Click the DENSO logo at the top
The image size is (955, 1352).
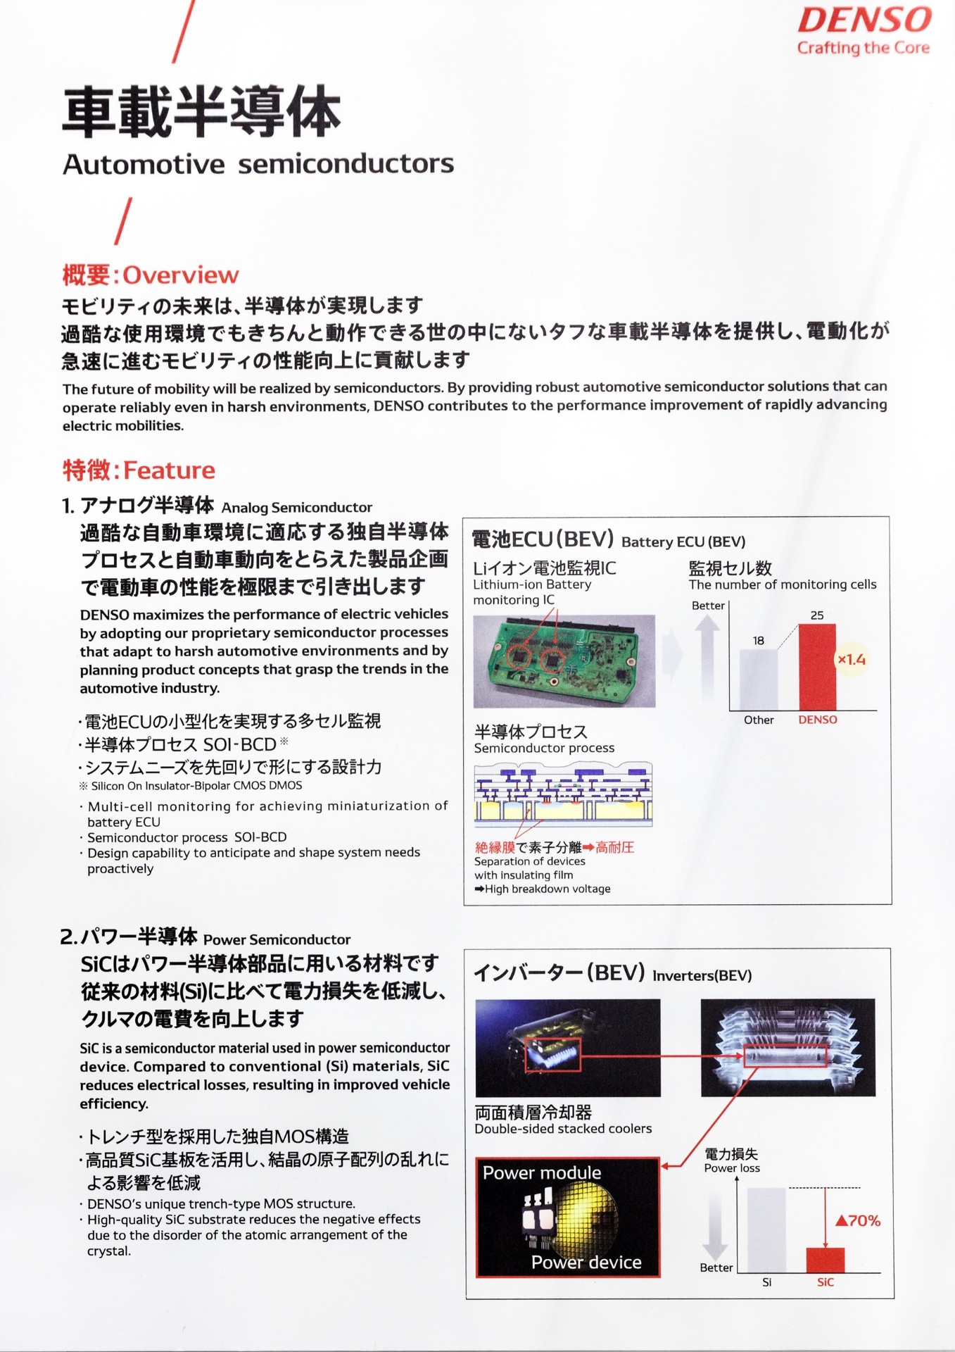(x=864, y=20)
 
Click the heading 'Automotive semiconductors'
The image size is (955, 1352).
(x=258, y=164)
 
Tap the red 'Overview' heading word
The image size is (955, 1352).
(x=181, y=275)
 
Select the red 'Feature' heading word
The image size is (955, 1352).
(x=169, y=470)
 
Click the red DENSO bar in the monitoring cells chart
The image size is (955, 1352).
(x=817, y=667)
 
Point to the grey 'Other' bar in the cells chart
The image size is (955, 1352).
(x=759, y=680)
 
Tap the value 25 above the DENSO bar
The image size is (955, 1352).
(x=817, y=615)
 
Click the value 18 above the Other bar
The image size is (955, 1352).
(x=758, y=641)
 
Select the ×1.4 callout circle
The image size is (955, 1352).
(x=851, y=660)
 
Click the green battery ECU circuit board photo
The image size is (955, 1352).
(x=564, y=661)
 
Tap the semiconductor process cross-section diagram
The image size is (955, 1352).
(x=563, y=794)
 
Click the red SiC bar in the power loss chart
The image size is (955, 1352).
(x=825, y=1260)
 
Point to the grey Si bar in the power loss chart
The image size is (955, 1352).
(x=766, y=1229)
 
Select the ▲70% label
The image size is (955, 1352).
(x=858, y=1221)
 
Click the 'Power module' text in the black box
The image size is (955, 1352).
(x=542, y=1173)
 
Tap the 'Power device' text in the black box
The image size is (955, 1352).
(x=586, y=1263)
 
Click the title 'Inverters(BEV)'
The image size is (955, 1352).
(x=702, y=975)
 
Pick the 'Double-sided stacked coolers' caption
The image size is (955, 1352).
(x=563, y=1129)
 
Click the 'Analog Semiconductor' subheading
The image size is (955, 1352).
(x=296, y=508)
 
